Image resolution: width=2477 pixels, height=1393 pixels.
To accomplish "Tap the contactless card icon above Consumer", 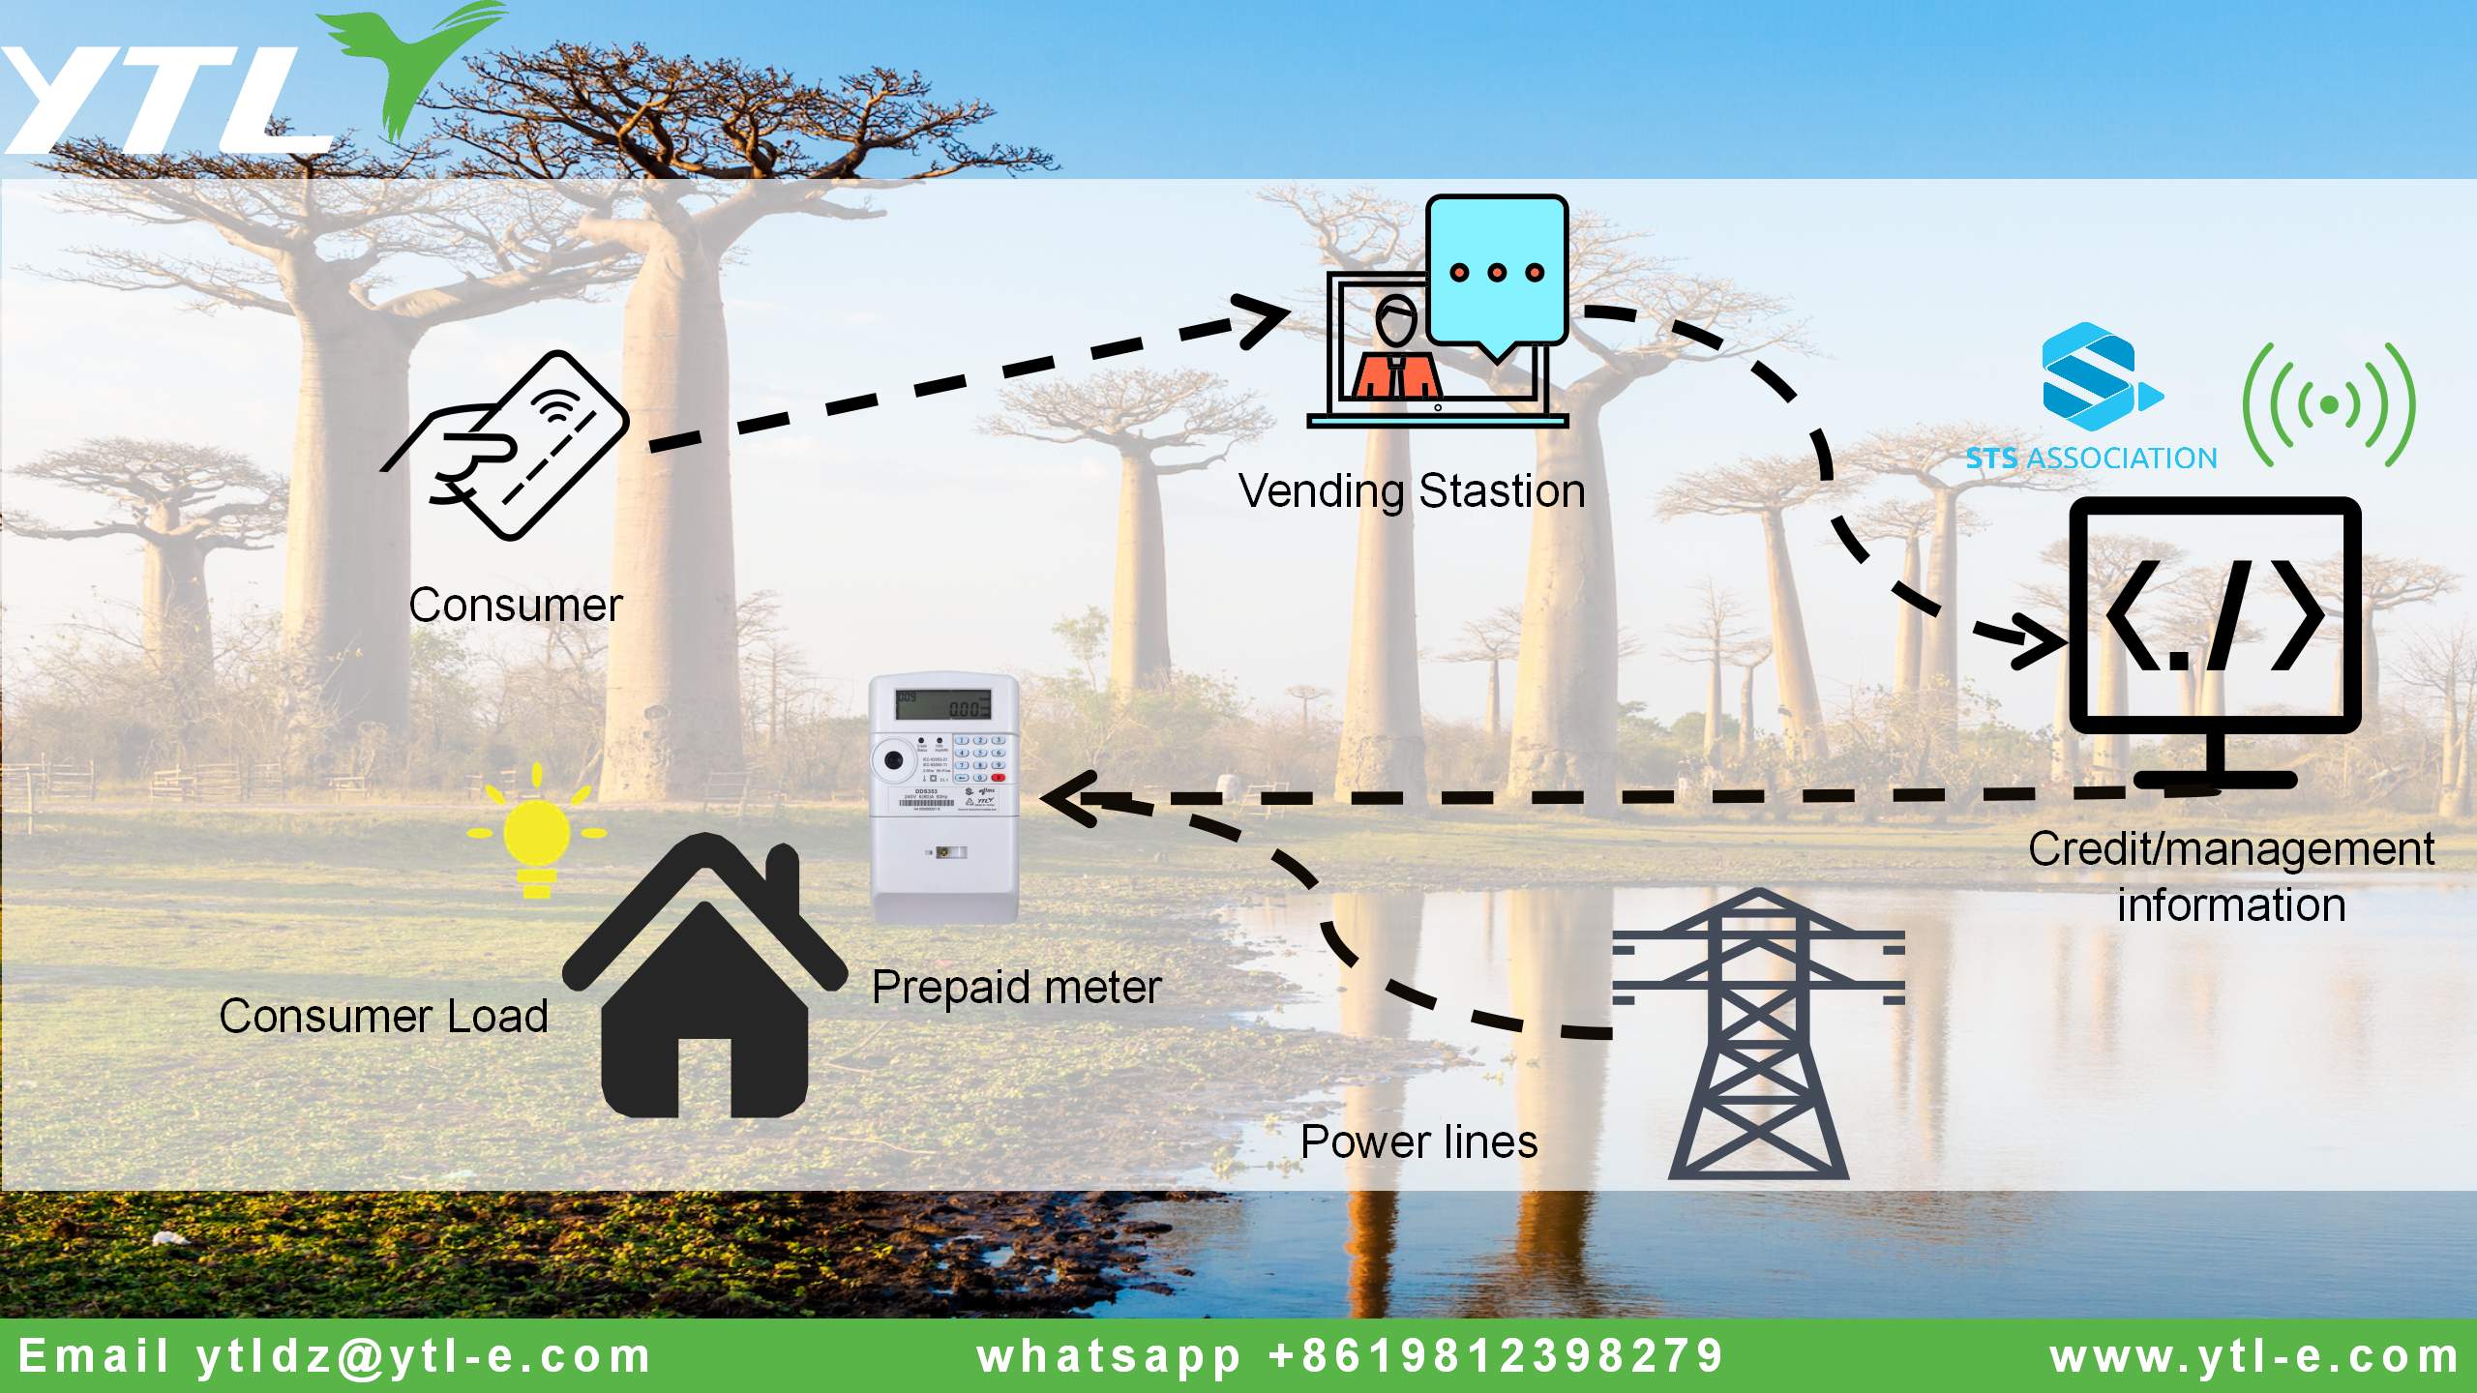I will pos(522,445).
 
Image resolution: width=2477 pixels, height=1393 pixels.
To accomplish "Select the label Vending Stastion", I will pos(1412,491).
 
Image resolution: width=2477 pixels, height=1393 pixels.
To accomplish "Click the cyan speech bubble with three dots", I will pos(1496,271).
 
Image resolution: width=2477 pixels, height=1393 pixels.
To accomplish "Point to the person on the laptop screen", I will pos(1396,353).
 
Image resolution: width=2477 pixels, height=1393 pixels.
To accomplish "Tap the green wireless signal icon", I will pos(2329,404).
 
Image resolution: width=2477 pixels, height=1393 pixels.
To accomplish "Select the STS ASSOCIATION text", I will pos(2091,459).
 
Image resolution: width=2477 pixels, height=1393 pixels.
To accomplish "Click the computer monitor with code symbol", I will pos(2215,619).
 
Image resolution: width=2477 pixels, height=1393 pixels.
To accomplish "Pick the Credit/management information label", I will pos(2231,876).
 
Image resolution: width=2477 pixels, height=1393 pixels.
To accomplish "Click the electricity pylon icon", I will pos(1758,1035).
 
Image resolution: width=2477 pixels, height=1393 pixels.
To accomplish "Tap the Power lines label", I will pos(1418,1142).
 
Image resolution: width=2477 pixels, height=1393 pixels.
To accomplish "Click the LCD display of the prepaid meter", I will pos(943,704).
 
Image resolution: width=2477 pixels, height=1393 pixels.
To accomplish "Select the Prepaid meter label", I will pos(1016,988).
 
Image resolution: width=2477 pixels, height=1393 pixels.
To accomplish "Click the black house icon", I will pos(704,996).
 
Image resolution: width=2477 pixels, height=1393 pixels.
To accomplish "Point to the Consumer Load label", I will pos(384,1017).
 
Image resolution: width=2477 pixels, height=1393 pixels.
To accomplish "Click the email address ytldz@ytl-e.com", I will pos(424,1356).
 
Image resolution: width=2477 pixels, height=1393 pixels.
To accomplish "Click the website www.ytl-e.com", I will pos(2254,1356).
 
